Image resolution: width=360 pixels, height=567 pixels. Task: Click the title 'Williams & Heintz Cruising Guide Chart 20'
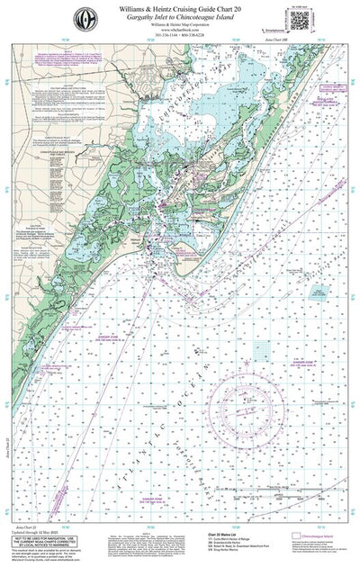coord(180,8)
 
